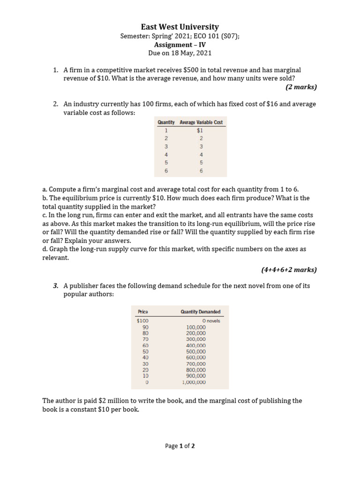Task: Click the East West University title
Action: [180, 27]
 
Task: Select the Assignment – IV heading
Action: [180, 45]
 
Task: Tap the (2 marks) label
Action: [301, 87]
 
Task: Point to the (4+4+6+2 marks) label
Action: [289, 270]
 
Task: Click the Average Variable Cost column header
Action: [202, 122]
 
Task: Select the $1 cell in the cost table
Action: [200, 130]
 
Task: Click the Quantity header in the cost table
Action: [166, 122]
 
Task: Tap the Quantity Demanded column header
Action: [200, 312]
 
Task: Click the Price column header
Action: [143, 312]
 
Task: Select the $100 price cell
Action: [142, 321]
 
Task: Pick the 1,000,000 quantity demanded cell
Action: [194, 382]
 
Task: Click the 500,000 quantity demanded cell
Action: [196, 352]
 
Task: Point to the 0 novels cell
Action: [211, 321]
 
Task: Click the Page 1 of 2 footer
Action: [180, 446]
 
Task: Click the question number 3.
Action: [56, 285]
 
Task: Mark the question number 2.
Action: [56, 104]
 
